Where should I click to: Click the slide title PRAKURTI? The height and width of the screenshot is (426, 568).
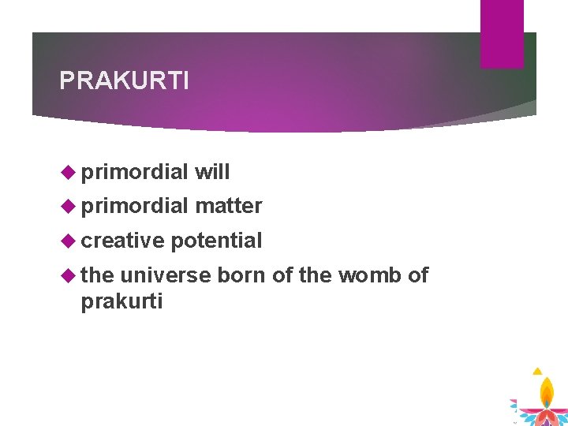point(124,80)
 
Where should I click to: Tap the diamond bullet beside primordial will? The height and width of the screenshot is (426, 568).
point(69,172)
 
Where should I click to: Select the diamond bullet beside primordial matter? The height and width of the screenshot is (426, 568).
point(69,207)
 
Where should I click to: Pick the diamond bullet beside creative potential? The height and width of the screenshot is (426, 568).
point(69,241)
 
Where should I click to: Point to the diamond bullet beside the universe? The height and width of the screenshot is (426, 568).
point(69,275)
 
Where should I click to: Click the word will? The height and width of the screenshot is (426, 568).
point(212,171)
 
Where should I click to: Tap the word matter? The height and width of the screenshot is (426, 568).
point(229,206)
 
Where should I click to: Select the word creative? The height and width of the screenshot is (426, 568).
point(122,240)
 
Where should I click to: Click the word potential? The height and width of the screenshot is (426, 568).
point(216,241)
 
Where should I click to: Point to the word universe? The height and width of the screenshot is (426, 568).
point(166,275)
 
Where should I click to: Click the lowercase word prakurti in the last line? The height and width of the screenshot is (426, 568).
point(121,302)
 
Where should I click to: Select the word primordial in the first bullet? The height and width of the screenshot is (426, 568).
point(134,173)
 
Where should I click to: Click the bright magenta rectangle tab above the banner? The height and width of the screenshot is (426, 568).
point(502,34)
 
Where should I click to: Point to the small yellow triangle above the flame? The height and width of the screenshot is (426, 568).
point(537,371)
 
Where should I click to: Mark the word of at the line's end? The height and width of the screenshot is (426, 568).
point(418,275)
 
